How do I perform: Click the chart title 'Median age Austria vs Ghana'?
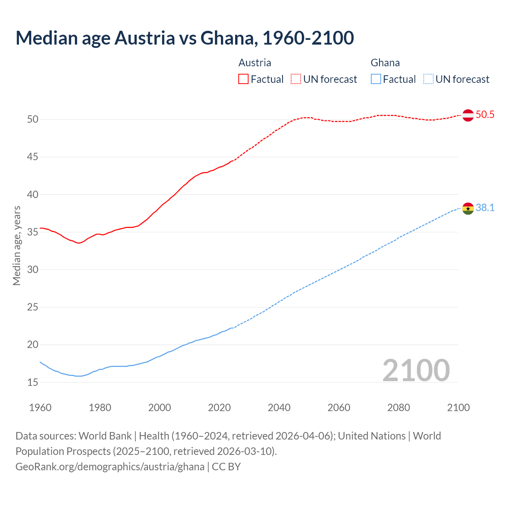(x=185, y=38)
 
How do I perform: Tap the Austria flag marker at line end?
(x=468, y=115)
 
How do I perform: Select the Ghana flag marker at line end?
(x=468, y=208)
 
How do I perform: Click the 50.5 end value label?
(x=485, y=115)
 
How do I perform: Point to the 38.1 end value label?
(x=485, y=208)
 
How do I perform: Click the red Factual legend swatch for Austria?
(x=243, y=79)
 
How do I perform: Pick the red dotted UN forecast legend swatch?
(x=296, y=79)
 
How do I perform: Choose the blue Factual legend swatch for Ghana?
(x=376, y=79)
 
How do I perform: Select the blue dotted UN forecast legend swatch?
(x=428, y=79)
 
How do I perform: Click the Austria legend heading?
(x=255, y=63)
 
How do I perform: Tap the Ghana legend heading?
(x=385, y=63)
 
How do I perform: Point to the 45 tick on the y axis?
(x=33, y=157)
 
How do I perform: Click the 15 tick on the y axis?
(x=33, y=382)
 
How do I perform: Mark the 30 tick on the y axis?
(x=33, y=270)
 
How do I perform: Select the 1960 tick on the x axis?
(x=40, y=408)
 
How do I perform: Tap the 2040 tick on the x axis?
(x=279, y=408)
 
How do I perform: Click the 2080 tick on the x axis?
(x=398, y=408)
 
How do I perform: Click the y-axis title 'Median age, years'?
(x=17, y=245)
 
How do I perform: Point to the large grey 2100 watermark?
(x=416, y=370)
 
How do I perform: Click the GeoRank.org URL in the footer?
(x=110, y=467)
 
